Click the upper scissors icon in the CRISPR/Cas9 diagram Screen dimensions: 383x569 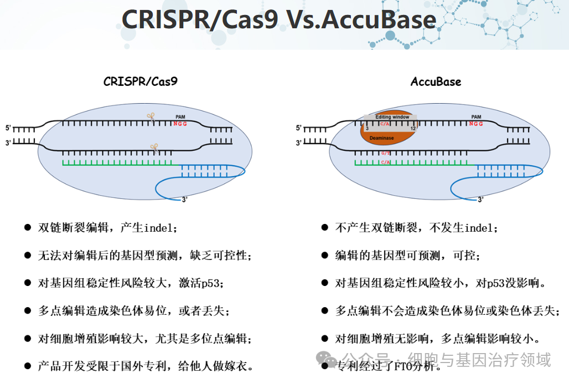[x=151, y=116]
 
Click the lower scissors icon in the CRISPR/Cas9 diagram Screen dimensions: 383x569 [x=154, y=148]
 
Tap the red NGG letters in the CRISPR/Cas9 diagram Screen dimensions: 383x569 [x=180, y=124]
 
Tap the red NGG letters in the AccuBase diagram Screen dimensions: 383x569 [x=476, y=124]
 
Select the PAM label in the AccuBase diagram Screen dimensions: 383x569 [x=476, y=117]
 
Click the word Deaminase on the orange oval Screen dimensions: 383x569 [x=381, y=137]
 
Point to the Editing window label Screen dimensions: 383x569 [x=392, y=117]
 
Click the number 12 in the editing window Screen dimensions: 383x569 [x=413, y=129]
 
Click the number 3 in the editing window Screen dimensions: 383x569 [x=367, y=129]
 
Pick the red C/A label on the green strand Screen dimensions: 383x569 [x=386, y=162]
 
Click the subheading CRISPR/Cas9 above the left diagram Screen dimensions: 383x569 [x=141, y=81]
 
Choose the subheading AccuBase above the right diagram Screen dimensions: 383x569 [x=436, y=81]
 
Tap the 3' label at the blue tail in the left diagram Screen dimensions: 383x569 [x=184, y=200]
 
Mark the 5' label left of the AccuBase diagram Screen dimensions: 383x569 [x=299, y=128]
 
